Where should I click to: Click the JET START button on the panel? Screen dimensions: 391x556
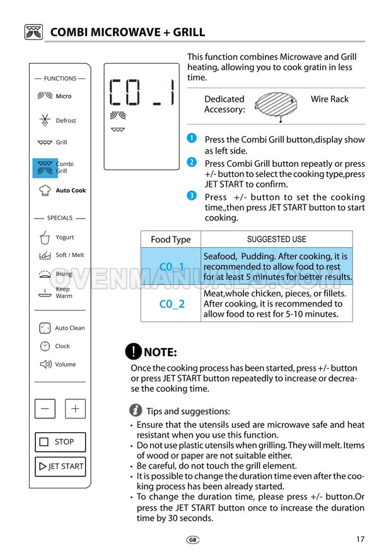click(x=60, y=466)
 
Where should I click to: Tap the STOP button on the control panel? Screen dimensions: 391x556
click(x=60, y=442)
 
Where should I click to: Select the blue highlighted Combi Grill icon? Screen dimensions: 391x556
click(x=45, y=167)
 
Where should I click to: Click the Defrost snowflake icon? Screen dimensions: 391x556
click(x=45, y=120)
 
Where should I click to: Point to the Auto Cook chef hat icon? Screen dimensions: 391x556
click(x=45, y=190)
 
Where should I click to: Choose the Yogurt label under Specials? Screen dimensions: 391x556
click(x=65, y=237)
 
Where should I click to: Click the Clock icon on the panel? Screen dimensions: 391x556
click(x=45, y=346)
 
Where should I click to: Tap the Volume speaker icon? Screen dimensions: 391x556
click(x=45, y=364)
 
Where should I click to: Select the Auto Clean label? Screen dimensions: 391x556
click(x=70, y=328)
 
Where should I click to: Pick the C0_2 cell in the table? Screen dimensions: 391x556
click(x=172, y=304)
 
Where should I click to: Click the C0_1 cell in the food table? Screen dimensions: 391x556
click(x=172, y=266)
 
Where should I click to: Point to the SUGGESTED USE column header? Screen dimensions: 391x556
click(x=277, y=239)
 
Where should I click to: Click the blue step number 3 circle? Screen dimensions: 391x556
click(x=192, y=195)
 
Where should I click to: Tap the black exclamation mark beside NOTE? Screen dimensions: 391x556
click(x=134, y=351)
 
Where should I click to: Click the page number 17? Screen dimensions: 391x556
click(x=360, y=540)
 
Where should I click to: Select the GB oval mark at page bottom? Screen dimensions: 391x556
click(x=193, y=540)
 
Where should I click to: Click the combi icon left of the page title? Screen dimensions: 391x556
click(x=33, y=32)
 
